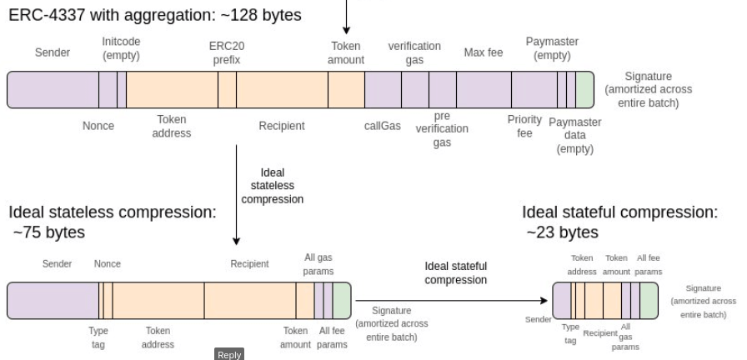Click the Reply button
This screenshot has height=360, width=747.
pyautogui.click(x=229, y=354)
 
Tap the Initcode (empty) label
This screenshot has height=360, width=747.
pyautogui.click(x=121, y=47)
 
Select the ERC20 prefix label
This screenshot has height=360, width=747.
pyautogui.click(x=226, y=53)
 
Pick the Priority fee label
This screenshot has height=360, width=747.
pyautogui.click(x=524, y=126)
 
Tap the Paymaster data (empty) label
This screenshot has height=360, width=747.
pyautogui.click(x=574, y=136)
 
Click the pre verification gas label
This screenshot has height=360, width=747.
pyautogui.click(x=442, y=130)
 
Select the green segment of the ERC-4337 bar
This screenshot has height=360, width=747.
pyautogui.click(x=584, y=90)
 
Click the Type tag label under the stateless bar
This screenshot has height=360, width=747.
pyautogui.click(x=98, y=337)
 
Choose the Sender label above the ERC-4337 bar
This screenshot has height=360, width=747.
pyautogui.click(x=53, y=53)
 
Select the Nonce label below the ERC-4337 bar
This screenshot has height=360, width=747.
pyautogui.click(x=98, y=126)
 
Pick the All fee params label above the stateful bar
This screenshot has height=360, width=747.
pyautogui.click(x=649, y=264)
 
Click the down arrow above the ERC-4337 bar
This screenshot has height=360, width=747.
pyautogui.click(x=347, y=17)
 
